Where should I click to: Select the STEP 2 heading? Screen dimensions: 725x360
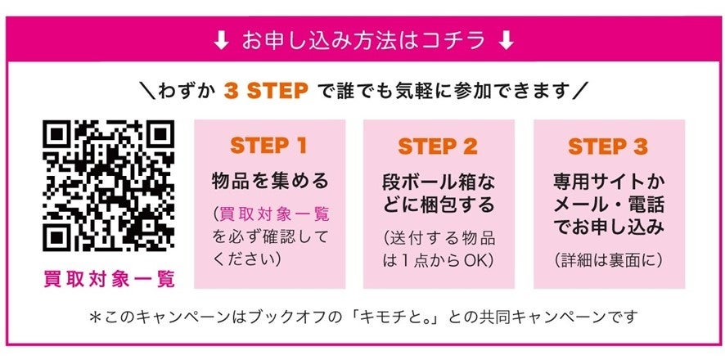coord(438,146)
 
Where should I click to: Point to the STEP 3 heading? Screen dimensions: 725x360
coord(608,146)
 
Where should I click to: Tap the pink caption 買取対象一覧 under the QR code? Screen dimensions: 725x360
coord(109,279)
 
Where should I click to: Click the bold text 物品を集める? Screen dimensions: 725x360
coord(269,180)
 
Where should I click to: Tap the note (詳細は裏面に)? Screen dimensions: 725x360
coord(608,260)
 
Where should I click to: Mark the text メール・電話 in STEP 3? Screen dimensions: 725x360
coord(608,203)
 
